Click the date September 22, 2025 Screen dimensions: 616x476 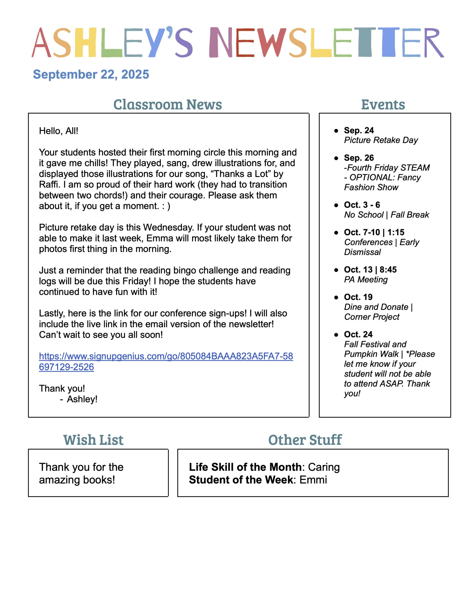pyautogui.click(x=91, y=74)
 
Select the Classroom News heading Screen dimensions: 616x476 pyautogui.click(x=167, y=104)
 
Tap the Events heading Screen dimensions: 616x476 pyautogui.click(x=383, y=105)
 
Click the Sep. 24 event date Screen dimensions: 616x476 pyautogui.click(x=359, y=130)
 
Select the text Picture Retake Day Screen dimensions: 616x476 pyautogui.click(x=381, y=140)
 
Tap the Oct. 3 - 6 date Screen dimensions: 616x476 pyautogui.click(x=362, y=205)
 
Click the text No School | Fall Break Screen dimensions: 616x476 pyautogui.click(x=386, y=215)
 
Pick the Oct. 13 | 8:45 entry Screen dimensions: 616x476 pyautogui.click(x=370, y=270)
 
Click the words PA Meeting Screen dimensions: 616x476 pyautogui.click(x=366, y=280)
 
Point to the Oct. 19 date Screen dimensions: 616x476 pyautogui.click(x=358, y=297)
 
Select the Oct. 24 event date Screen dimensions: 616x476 pyautogui.click(x=358, y=334)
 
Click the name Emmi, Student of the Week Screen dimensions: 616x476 pyautogui.click(x=313, y=480)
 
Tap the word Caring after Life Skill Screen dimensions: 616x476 pyautogui.click(x=324, y=467)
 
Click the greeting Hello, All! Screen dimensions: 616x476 pyautogui.click(x=58, y=131)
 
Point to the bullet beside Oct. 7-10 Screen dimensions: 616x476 pyautogui.click(x=336, y=233)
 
